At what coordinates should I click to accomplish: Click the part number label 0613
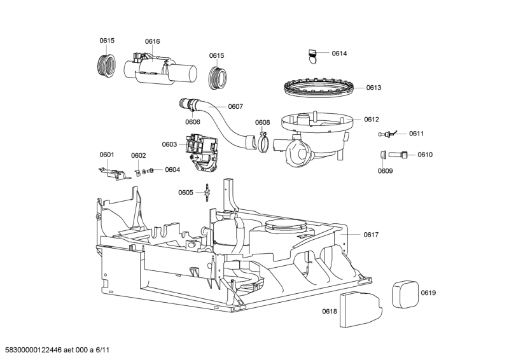pos(373,88)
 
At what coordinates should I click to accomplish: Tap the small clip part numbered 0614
pos(312,55)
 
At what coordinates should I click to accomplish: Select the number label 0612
pos(372,119)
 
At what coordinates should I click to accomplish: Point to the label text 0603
pos(169,144)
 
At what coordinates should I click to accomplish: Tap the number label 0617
pos(371,235)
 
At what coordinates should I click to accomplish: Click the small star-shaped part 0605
pos(207,191)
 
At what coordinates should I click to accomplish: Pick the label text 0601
pos(107,155)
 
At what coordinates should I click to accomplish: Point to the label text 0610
pos(425,155)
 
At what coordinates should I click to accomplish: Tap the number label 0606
pos(193,121)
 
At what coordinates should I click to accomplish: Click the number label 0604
pos(172,170)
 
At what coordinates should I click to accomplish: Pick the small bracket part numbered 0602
pos(138,170)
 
